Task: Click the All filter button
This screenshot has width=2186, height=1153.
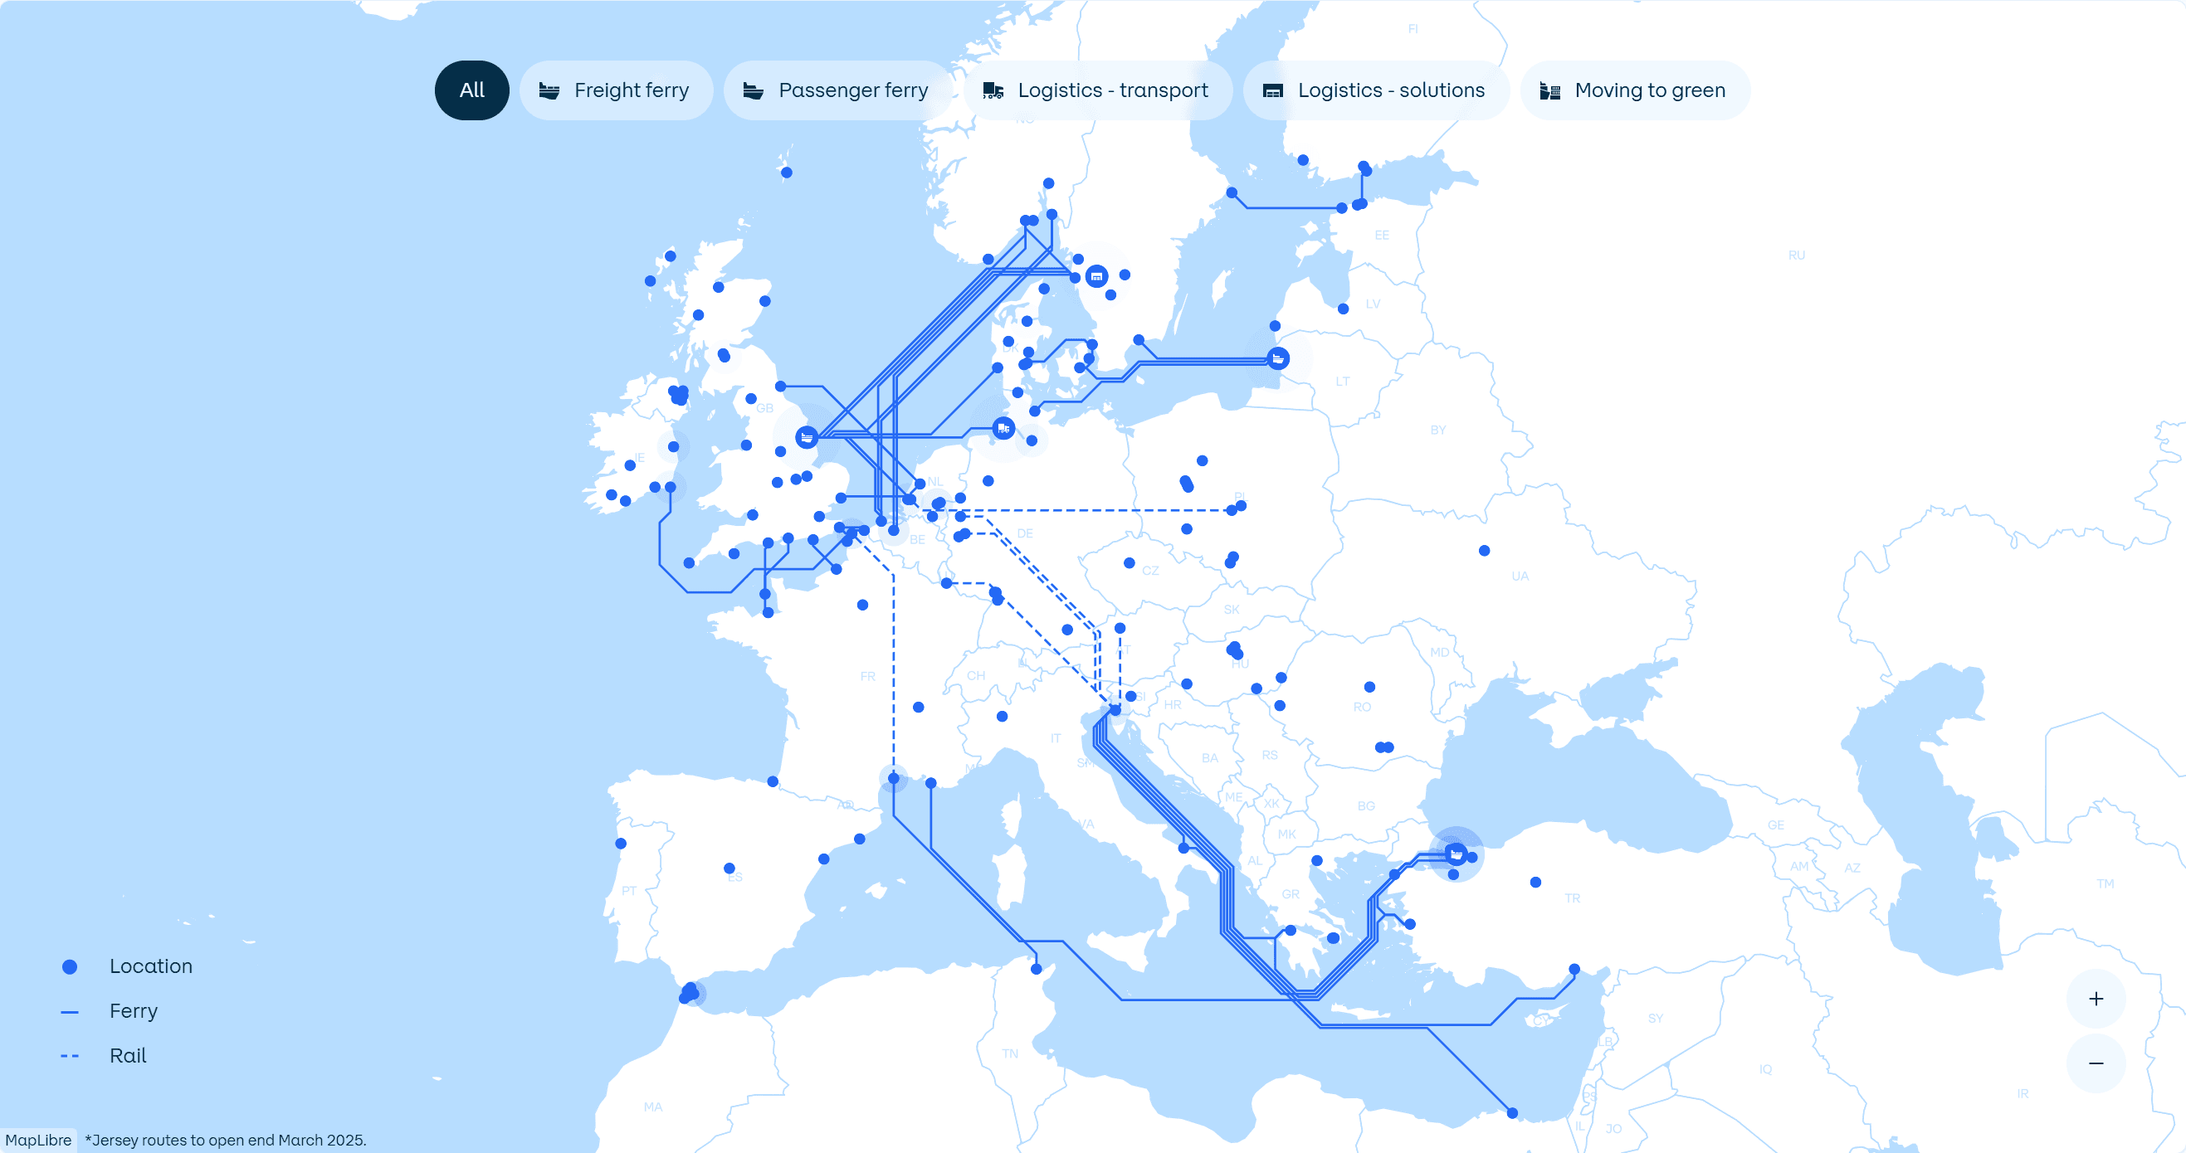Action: pyautogui.click(x=472, y=90)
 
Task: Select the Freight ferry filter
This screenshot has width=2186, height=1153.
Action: pyautogui.click(x=616, y=90)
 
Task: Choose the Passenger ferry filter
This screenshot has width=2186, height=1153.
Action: pyautogui.click(x=837, y=90)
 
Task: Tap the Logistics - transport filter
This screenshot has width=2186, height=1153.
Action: pyautogui.click(x=1096, y=90)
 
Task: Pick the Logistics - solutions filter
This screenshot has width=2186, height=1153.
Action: pyautogui.click(x=1374, y=90)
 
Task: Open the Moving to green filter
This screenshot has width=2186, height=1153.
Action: pyautogui.click(x=1634, y=90)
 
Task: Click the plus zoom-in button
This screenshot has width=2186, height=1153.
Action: pyautogui.click(x=2096, y=999)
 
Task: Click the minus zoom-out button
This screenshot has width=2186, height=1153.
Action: pyautogui.click(x=2096, y=1063)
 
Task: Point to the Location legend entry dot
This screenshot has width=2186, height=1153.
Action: pyautogui.click(x=70, y=966)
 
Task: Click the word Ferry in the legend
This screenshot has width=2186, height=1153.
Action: pyautogui.click(x=134, y=1011)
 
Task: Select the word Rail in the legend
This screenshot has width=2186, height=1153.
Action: pyautogui.click(x=128, y=1055)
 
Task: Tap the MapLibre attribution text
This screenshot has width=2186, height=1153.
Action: pyautogui.click(x=38, y=1141)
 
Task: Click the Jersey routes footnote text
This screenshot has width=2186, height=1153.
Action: pyautogui.click(x=226, y=1141)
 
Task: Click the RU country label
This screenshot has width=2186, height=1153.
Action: pyautogui.click(x=1797, y=255)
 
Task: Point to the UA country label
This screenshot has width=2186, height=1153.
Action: pyautogui.click(x=1520, y=576)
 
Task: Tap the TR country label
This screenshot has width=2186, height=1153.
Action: pyautogui.click(x=1573, y=898)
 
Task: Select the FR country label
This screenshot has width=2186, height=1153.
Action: pyautogui.click(x=867, y=676)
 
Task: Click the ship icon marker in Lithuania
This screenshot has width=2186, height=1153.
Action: pyautogui.click(x=1278, y=359)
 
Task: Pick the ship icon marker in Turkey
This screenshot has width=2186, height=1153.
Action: pyautogui.click(x=1457, y=854)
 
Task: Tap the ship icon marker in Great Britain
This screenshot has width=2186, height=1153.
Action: pyautogui.click(x=806, y=437)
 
